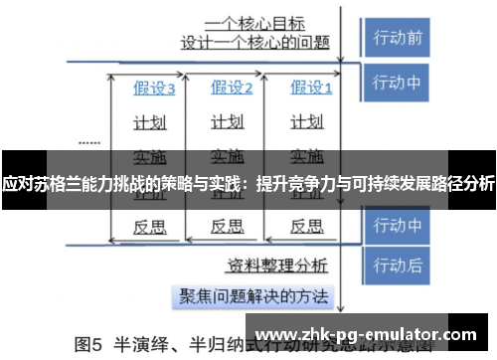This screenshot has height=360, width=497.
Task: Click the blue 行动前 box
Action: click(398, 38)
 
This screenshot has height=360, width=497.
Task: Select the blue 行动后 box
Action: click(398, 267)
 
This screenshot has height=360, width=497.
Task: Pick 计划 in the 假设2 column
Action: click(228, 122)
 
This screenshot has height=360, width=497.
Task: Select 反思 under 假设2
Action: click(228, 226)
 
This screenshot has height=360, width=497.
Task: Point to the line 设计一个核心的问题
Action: click(254, 43)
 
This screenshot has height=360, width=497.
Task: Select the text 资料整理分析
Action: click(278, 265)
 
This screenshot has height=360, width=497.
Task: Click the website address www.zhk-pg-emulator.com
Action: click(366, 334)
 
